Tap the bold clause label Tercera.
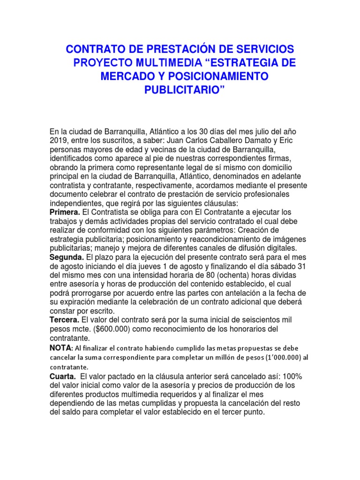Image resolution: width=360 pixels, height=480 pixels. tap(66, 320)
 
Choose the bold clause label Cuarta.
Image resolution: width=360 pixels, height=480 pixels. tap(62, 376)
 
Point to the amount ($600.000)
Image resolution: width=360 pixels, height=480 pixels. tap(107, 329)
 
